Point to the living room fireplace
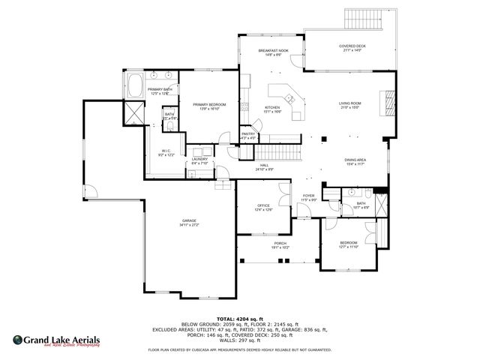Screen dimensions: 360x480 coord(388,103)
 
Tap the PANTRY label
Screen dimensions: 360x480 coord(248,136)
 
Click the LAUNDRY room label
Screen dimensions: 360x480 coord(199,161)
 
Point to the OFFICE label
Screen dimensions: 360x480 coord(263,208)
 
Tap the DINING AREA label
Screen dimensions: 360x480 coord(355,161)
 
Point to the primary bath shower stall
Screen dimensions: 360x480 coord(133,113)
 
